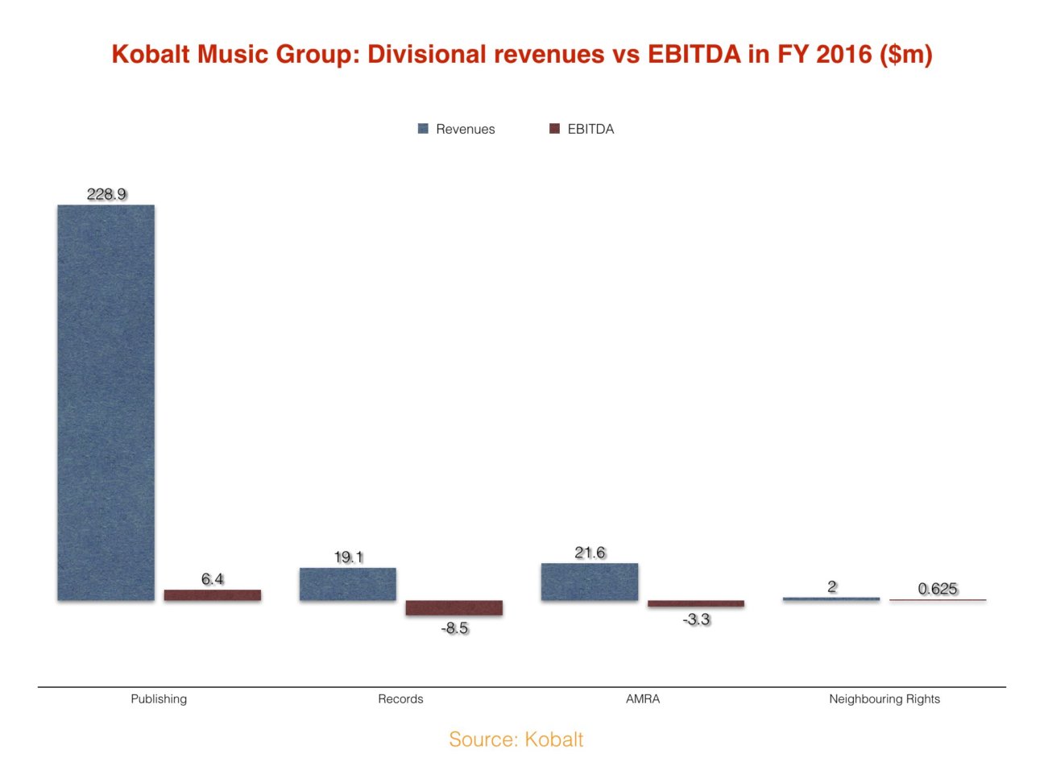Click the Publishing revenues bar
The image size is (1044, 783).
(x=106, y=403)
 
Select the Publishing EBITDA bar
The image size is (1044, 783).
(x=212, y=594)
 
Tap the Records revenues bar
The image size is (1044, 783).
(x=347, y=584)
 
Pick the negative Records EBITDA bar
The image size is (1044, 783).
(x=454, y=608)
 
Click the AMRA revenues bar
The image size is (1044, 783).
(x=589, y=582)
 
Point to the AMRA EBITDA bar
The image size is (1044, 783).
(x=695, y=603)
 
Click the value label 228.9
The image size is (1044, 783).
(x=106, y=194)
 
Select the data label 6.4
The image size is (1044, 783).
(x=212, y=579)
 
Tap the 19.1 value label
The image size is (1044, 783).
(x=348, y=557)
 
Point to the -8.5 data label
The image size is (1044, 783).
(x=454, y=628)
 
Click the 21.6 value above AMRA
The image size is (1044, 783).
(x=590, y=553)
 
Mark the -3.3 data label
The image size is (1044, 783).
(x=696, y=619)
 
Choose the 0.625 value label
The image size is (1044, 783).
(x=938, y=589)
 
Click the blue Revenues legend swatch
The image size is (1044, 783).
(x=423, y=129)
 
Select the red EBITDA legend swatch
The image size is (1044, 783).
(x=554, y=129)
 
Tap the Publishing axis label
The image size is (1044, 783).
(x=159, y=699)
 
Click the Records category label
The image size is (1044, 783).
(x=400, y=699)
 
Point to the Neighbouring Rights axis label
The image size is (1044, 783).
(x=884, y=699)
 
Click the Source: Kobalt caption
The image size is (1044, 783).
(x=516, y=739)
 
